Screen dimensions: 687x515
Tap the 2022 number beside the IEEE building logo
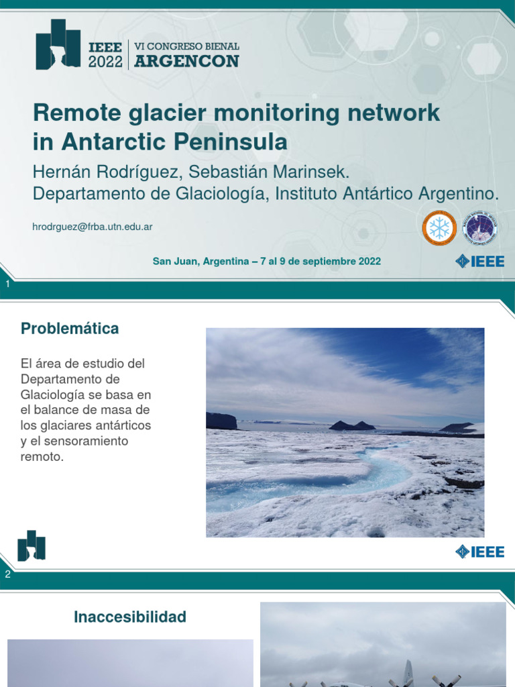pyautogui.click(x=105, y=62)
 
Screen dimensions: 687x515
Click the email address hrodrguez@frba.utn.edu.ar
pyautogui.click(x=93, y=227)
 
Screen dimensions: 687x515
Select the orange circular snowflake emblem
pyautogui.click(x=439, y=228)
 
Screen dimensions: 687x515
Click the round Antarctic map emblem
pyautogui.click(x=480, y=228)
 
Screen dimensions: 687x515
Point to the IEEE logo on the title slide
pyautogui.click(x=479, y=261)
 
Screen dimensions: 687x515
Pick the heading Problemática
pyautogui.click(x=70, y=329)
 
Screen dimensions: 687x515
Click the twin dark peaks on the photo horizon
pyautogui.click(x=353, y=425)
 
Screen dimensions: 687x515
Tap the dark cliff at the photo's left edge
pyautogui.click(x=221, y=421)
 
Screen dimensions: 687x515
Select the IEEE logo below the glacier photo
pyautogui.click(x=479, y=551)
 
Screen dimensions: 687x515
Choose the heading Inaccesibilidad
pyautogui.click(x=130, y=617)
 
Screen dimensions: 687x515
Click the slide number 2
pyautogui.click(x=7, y=574)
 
